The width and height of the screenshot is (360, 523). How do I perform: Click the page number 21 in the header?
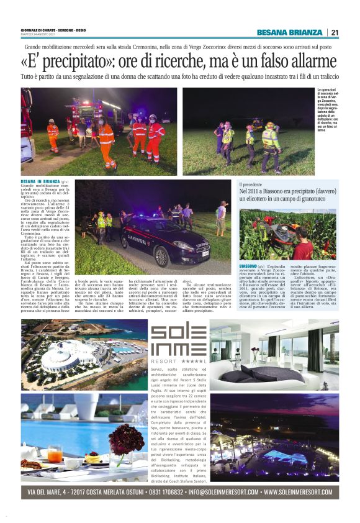[335, 33]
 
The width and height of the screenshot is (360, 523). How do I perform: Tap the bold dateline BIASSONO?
[251, 266]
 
